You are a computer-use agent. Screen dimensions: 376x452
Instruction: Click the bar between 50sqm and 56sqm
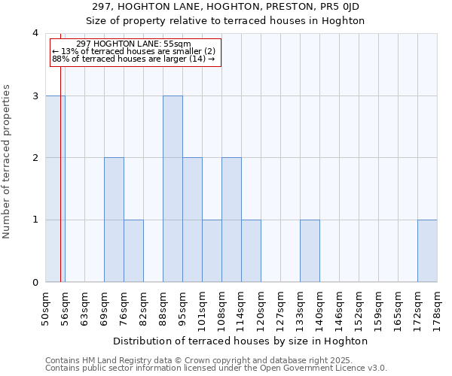coord(55,189)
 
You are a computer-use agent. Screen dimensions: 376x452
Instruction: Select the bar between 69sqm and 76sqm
coord(114,220)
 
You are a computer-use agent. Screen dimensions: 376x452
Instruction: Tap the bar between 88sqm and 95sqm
coord(173,189)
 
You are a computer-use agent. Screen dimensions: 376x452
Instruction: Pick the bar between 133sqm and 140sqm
coord(310,250)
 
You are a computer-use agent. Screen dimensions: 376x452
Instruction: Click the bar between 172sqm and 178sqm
coord(427,250)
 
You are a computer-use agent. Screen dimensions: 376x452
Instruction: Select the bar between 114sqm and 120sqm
coord(251,250)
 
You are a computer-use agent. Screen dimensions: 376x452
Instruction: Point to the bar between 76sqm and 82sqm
coord(133,250)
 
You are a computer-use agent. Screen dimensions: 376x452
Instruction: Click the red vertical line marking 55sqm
coord(60,165)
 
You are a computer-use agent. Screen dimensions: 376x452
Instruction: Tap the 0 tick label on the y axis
coord(35,282)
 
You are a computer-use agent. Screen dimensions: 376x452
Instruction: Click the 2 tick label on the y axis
coord(35,158)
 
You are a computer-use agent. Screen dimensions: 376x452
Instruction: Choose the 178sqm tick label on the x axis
coord(437,308)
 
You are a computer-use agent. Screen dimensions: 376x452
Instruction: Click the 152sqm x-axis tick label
coord(359,308)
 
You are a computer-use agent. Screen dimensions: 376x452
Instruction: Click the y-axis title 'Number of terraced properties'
coord(7,161)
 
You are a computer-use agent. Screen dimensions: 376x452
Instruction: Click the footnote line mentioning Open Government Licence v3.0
coord(216,368)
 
